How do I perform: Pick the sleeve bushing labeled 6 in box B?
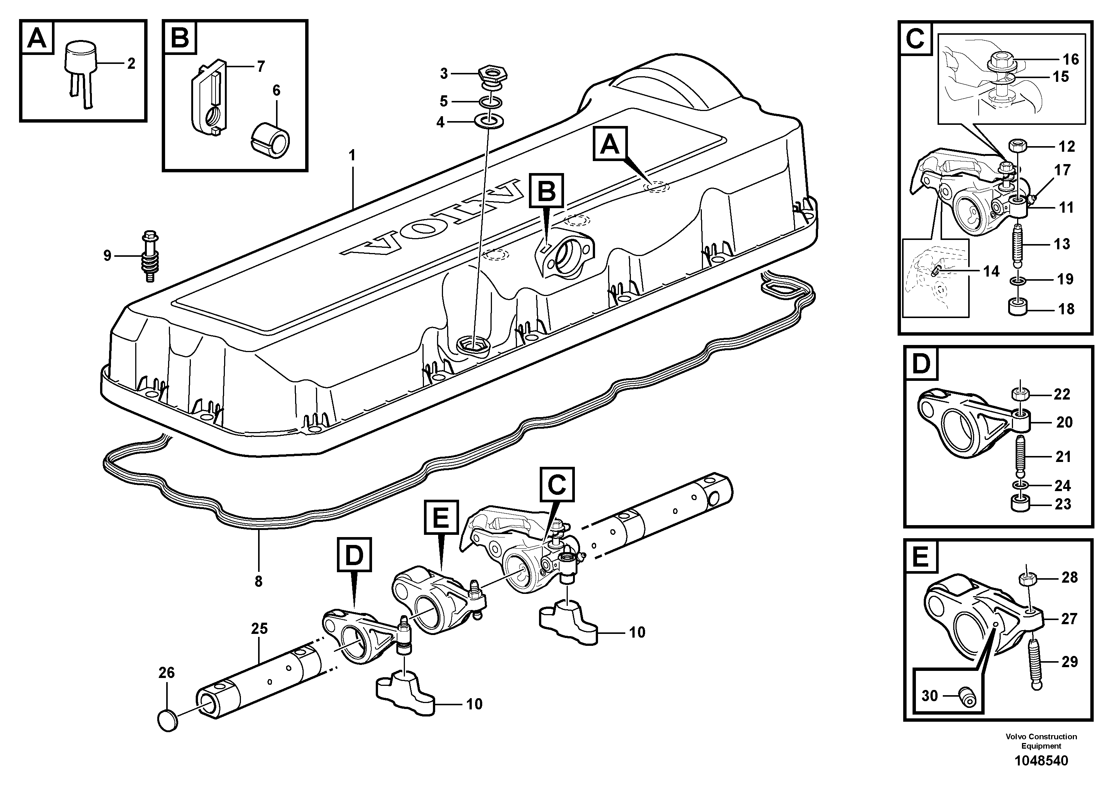tap(271, 141)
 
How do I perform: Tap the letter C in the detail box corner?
tap(915, 39)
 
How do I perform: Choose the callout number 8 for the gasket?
tap(258, 581)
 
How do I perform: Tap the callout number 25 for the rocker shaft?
tap(259, 629)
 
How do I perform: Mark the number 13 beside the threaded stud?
tap(1062, 244)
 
